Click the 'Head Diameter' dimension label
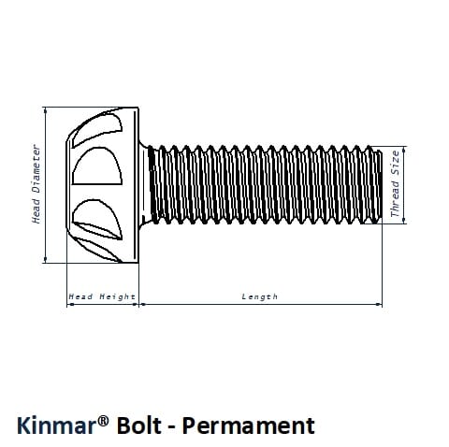[36, 184]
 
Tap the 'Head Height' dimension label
[102, 296]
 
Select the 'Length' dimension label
[260, 296]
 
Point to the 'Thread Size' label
[395, 184]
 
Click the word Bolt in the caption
[139, 425]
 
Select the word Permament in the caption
[249, 425]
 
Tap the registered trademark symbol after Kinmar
[104, 422]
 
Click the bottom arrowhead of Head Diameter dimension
[46, 260]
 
